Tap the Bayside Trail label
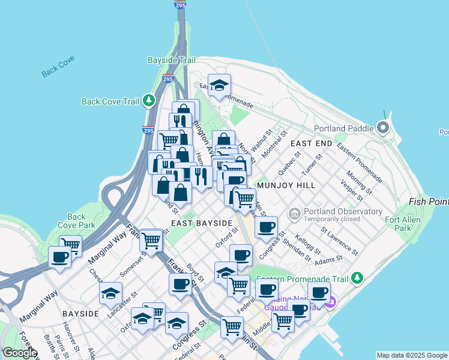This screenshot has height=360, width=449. [172, 61]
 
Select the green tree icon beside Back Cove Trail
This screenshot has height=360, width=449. [148, 101]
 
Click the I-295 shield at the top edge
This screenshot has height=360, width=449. [179, 4]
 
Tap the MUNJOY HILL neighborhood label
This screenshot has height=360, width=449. [285, 185]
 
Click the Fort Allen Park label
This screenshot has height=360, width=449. [398, 224]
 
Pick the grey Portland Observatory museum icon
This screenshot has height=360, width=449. [295, 214]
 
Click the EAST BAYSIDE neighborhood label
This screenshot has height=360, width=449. [201, 223]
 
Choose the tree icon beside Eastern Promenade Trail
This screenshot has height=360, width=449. [358, 278]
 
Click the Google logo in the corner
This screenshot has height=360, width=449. [20, 353]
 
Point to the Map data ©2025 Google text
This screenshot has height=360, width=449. [411, 355]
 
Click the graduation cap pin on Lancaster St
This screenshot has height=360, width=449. [110, 293]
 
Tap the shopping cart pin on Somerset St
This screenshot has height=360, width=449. [151, 241]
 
